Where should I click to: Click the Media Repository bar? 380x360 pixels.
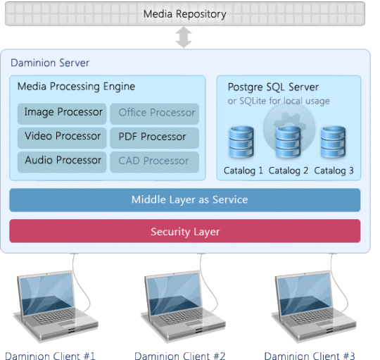tap(185, 13)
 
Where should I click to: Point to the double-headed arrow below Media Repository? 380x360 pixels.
tap(184, 37)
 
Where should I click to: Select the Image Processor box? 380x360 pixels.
tap(62, 113)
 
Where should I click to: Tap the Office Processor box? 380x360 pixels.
tap(154, 113)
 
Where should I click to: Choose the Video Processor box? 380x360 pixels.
tap(62, 138)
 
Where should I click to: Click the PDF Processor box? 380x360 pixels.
tap(154, 138)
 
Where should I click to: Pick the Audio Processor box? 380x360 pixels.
tap(62, 162)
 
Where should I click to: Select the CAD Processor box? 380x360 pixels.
tap(154, 162)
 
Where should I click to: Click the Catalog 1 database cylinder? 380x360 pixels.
tap(241, 142)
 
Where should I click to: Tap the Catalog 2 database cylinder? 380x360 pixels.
tap(288, 142)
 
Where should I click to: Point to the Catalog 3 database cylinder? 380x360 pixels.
tap(334, 142)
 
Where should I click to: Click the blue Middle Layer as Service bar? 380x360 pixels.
tap(185, 200)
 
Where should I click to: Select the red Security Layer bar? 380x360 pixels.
tap(185, 231)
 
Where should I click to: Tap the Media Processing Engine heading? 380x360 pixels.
tap(76, 87)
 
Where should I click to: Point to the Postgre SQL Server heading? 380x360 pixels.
tap(273, 87)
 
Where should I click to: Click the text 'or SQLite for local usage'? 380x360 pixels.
tap(279, 101)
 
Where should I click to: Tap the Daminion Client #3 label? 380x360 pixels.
tap(310, 356)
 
